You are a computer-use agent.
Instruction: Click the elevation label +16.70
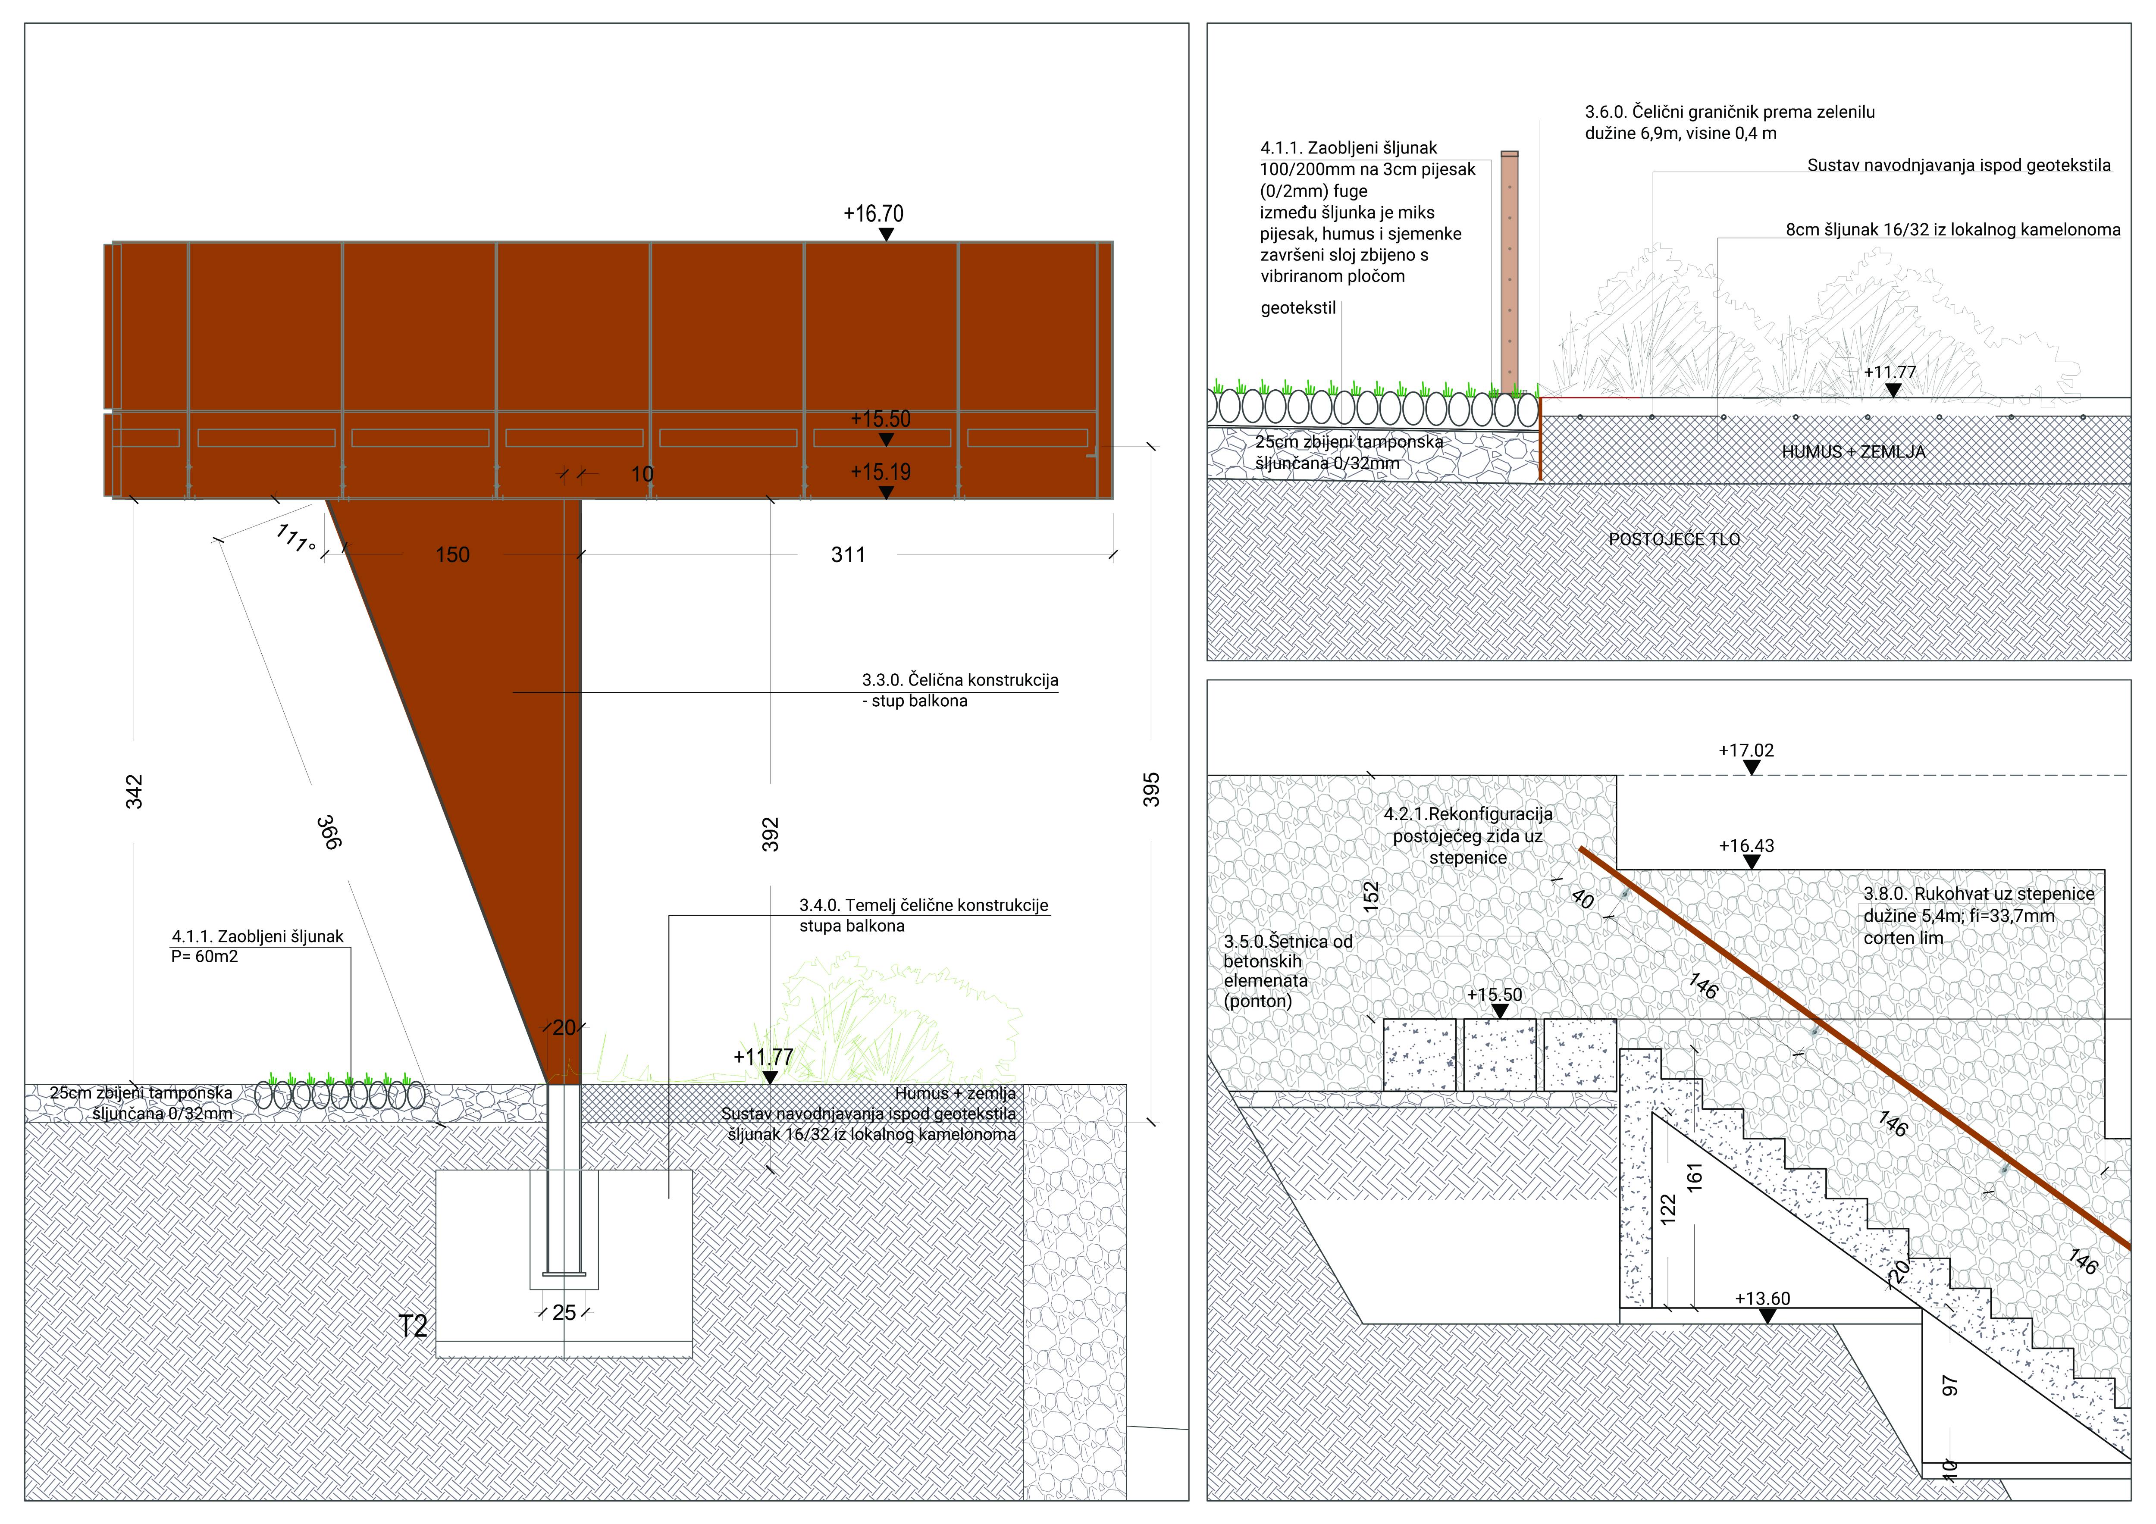(873, 214)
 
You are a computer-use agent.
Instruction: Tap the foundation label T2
(413, 1326)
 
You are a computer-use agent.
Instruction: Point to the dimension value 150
(453, 555)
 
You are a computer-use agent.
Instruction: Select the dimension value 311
(848, 555)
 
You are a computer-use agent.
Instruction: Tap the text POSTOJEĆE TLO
(1674, 540)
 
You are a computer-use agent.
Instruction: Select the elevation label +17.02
(1747, 750)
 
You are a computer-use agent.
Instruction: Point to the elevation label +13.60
(1763, 1299)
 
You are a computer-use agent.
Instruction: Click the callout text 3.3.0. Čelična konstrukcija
(960, 680)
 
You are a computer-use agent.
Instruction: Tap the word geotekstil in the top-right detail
(1298, 308)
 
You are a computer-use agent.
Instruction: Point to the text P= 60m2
(205, 957)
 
